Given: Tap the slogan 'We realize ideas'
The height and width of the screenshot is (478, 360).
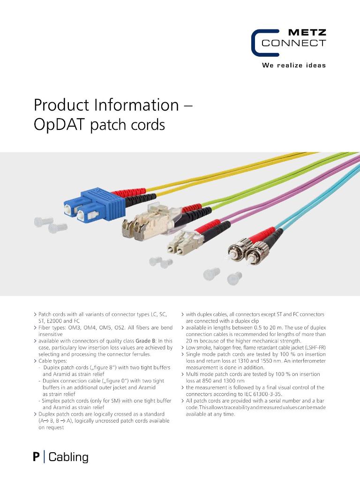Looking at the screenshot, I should [293, 65].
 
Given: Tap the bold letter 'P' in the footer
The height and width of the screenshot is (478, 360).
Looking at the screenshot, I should [36, 457].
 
